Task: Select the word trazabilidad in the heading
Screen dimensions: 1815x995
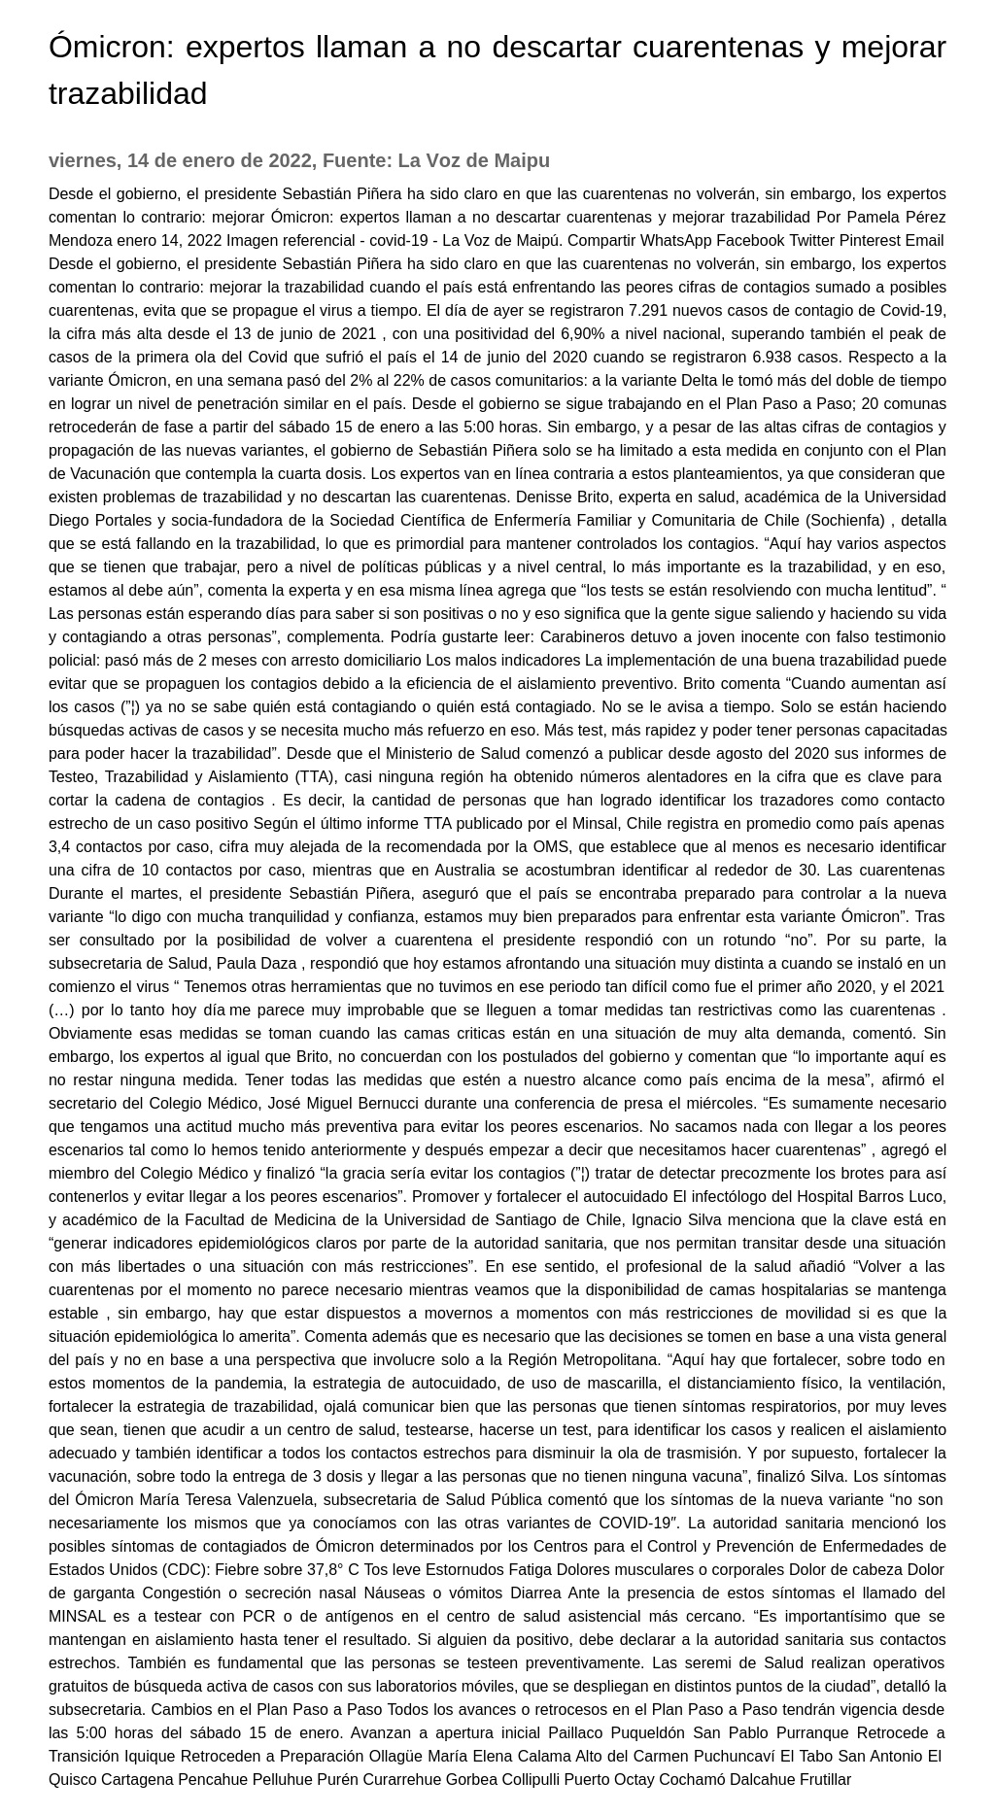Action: click(127, 94)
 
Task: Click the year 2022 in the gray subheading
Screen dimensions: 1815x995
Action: click(289, 160)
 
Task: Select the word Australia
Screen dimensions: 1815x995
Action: click(570, 870)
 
